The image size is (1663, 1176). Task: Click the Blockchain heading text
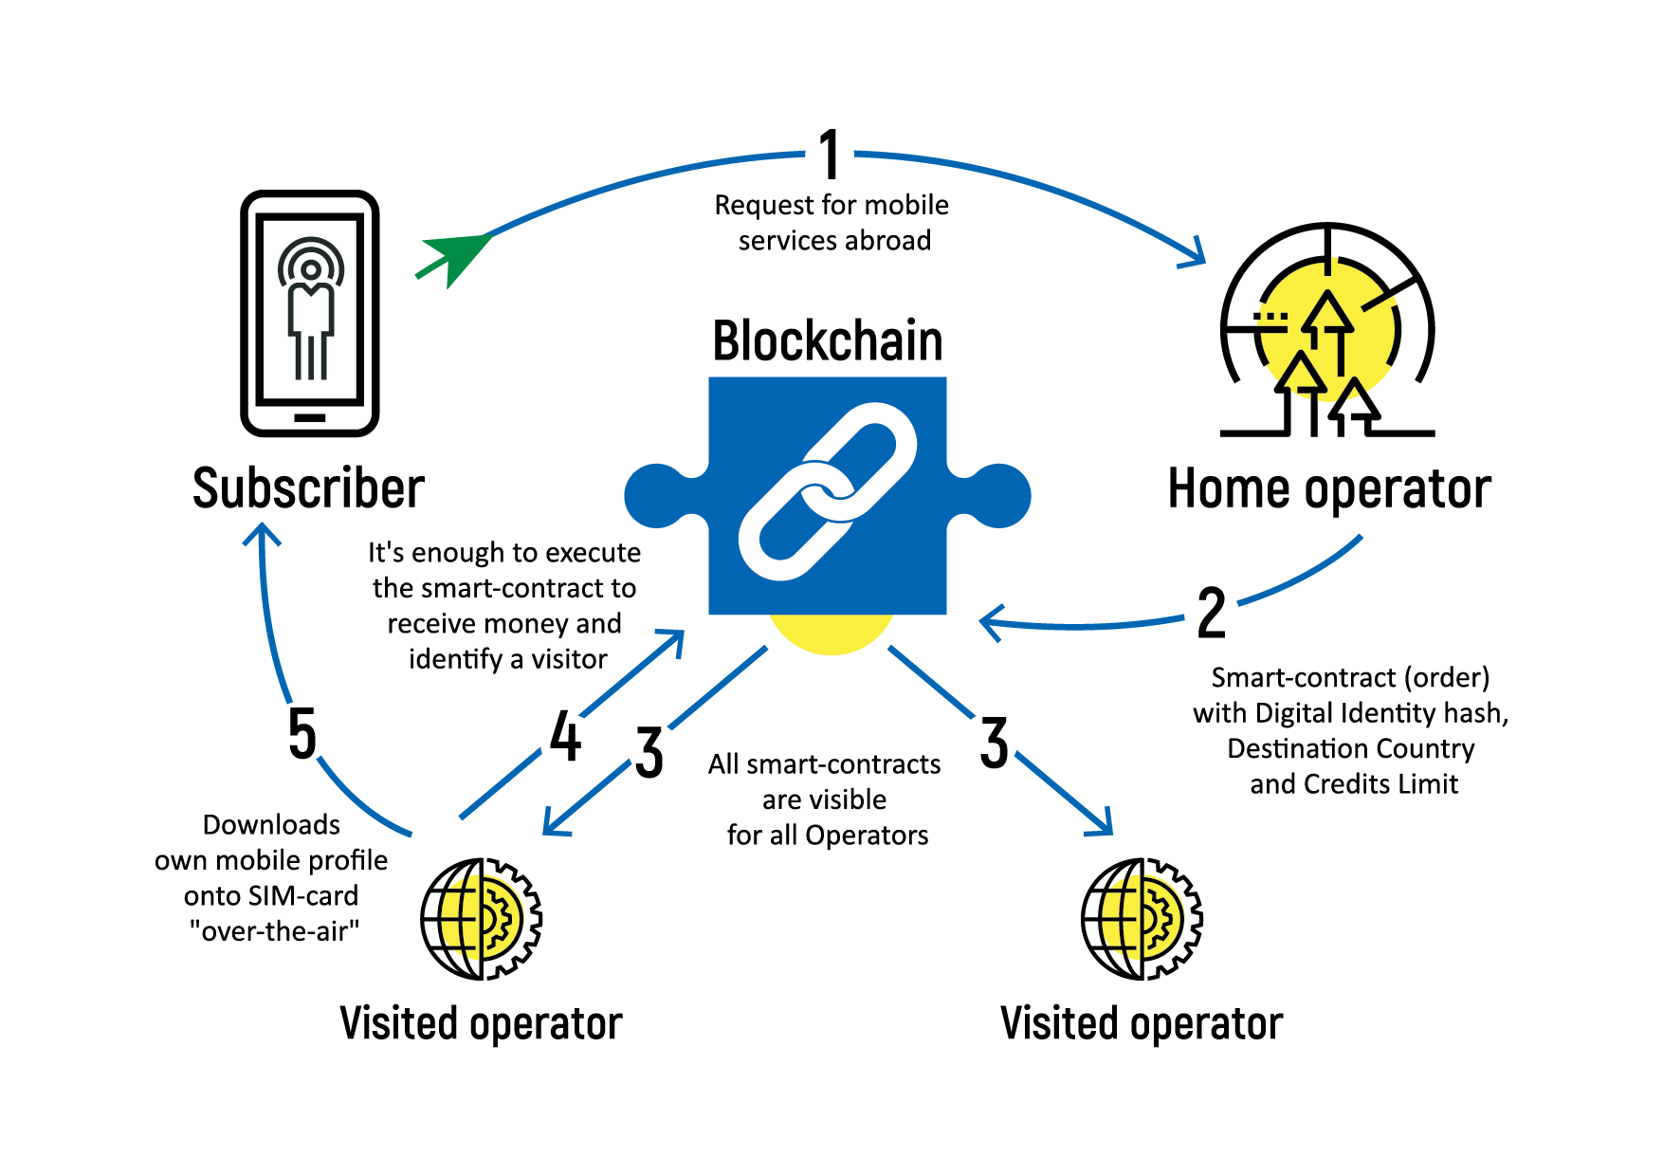pyautogui.click(x=828, y=341)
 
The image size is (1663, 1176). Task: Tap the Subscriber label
pyautogui.click(x=308, y=489)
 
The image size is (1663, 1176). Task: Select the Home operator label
pyautogui.click(x=1329, y=489)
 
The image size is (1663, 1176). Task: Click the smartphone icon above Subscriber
pyautogui.click(x=310, y=313)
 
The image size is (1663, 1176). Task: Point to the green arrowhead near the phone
pyautogui.click(x=459, y=255)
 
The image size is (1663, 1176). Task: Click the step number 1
pyautogui.click(x=830, y=156)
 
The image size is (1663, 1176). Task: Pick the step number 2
pyautogui.click(x=1212, y=614)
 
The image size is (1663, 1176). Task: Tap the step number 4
pyautogui.click(x=565, y=737)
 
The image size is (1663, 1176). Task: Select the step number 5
pyautogui.click(x=302, y=734)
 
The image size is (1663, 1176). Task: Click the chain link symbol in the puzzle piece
pyautogui.click(x=828, y=491)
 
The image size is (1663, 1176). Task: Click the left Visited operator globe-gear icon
pyautogui.click(x=482, y=918)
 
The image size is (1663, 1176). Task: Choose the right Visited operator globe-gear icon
pyautogui.click(x=1142, y=918)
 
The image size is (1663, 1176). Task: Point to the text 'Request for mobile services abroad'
pyautogui.click(x=832, y=223)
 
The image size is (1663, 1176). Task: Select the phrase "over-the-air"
pyautogui.click(x=274, y=931)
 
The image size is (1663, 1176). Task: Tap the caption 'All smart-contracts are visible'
pyautogui.click(x=825, y=781)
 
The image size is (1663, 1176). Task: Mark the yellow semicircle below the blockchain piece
pyautogui.click(x=831, y=634)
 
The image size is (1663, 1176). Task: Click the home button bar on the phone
pyautogui.click(x=310, y=417)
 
